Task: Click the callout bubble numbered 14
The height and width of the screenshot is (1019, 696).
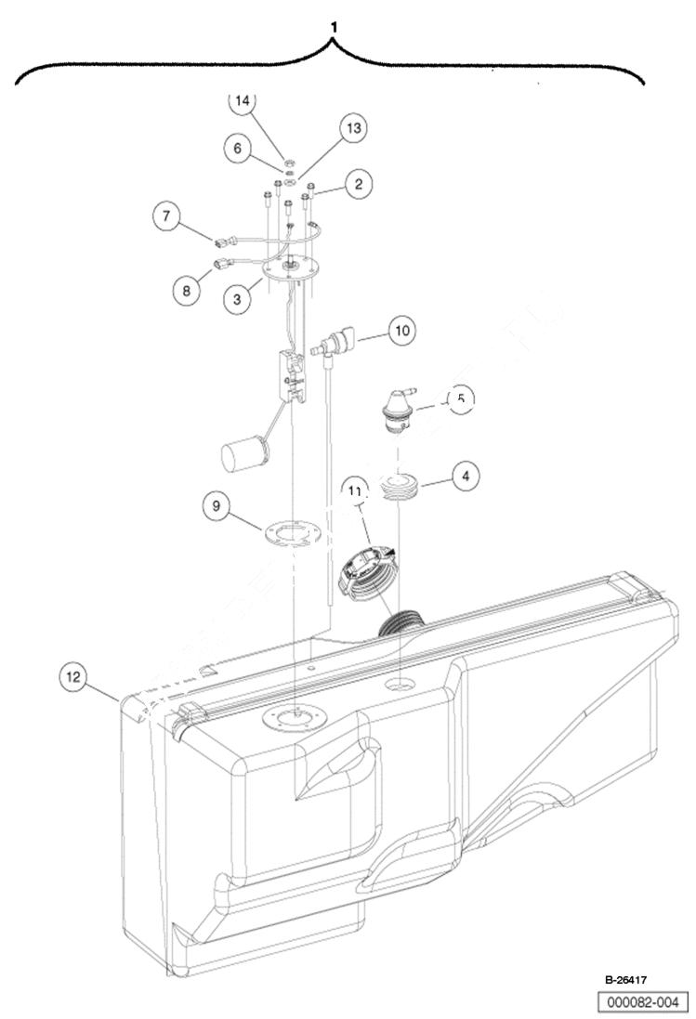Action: click(x=243, y=103)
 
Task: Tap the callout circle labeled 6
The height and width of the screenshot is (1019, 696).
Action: click(x=239, y=149)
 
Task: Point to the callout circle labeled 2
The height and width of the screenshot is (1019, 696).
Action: click(x=356, y=183)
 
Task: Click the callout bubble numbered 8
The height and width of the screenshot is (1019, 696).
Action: click(x=186, y=290)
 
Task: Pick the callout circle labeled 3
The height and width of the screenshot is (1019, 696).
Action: click(x=238, y=299)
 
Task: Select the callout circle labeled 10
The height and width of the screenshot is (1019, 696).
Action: click(x=401, y=330)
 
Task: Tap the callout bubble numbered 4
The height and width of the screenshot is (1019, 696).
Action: click(x=466, y=476)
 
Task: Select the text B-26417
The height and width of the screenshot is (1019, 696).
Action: click(x=627, y=979)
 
